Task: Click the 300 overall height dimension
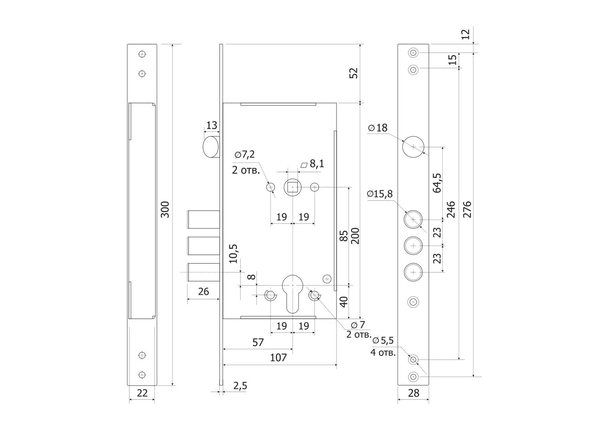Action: tap(165, 209)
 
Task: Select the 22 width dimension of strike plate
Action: tap(142, 393)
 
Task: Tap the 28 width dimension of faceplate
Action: tap(414, 393)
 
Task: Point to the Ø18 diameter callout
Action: tap(378, 128)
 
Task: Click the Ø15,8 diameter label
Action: tap(380, 194)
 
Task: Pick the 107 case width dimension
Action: tap(278, 358)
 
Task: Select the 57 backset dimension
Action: tap(258, 342)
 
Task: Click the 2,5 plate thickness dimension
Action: tap(240, 385)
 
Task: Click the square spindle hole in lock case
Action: tap(293, 187)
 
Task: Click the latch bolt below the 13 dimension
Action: tap(211, 147)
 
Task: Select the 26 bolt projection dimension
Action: tap(203, 291)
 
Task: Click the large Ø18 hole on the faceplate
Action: tap(413, 147)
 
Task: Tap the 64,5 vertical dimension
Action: tap(437, 183)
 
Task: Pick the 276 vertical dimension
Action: tap(467, 209)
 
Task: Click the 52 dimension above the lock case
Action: tap(353, 73)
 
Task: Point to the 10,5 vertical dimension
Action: tap(233, 254)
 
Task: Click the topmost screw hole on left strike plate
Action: tap(142, 54)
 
